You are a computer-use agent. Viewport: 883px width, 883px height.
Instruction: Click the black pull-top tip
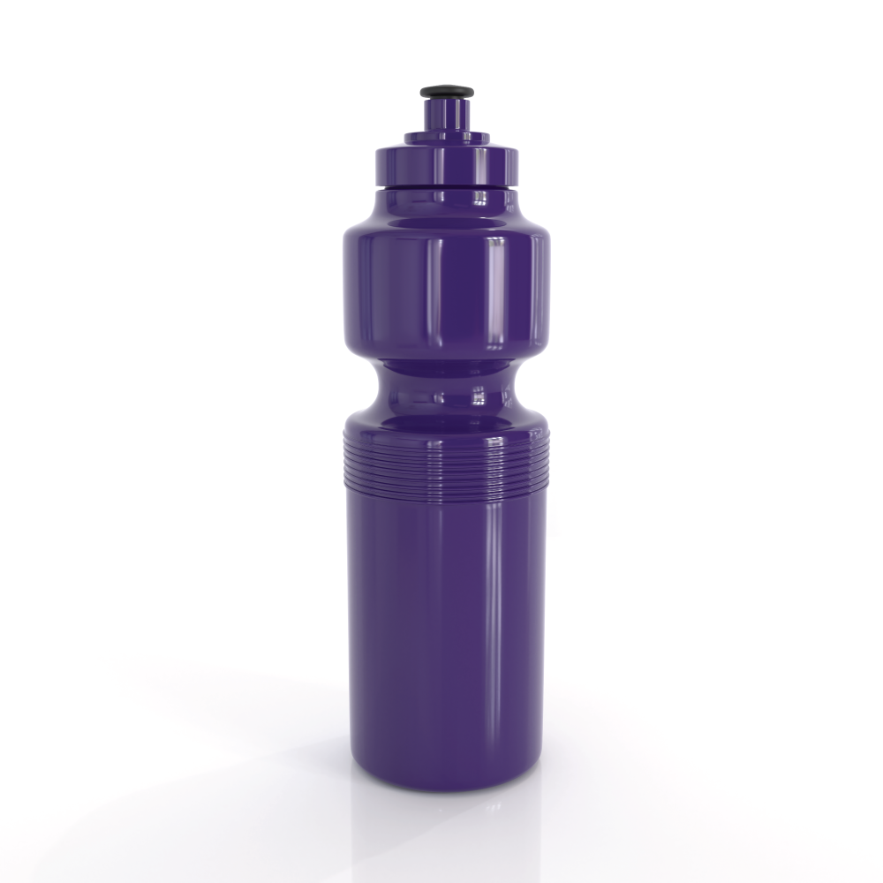446,91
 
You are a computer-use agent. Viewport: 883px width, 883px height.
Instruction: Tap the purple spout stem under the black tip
446,114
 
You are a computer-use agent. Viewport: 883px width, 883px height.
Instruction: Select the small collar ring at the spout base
446,137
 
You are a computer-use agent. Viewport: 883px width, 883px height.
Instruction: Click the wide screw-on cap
446,164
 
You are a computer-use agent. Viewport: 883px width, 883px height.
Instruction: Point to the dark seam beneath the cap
446,188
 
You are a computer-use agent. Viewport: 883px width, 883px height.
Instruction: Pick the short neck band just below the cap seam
446,198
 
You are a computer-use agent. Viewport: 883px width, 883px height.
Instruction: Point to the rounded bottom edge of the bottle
446,781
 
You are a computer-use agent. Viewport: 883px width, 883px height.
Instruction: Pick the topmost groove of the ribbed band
446,438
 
